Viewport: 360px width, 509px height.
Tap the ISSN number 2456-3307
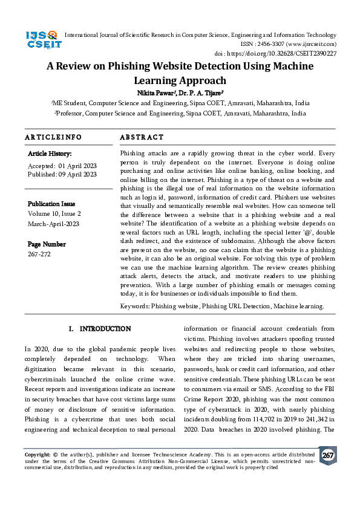coord(277,44)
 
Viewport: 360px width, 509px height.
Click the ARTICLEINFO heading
coord(53,138)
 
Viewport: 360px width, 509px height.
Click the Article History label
coord(50,154)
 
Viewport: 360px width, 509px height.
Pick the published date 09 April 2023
coord(77,174)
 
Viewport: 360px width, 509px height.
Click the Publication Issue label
coord(51,204)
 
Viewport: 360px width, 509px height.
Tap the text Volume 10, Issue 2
coord(54,214)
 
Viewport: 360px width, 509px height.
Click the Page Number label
coord(47,244)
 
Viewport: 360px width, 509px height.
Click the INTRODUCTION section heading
coord(105,329)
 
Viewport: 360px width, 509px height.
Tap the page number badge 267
coord(327,455)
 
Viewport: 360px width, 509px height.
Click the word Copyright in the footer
coord(37,453)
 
